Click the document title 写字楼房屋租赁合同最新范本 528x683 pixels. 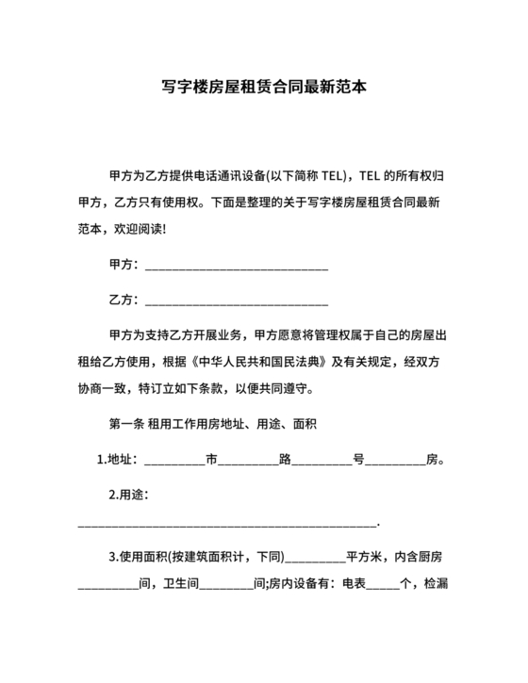[x=264, y=89]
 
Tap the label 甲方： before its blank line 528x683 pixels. [x=124, y=267]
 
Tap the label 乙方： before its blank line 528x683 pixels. [x=124, y=301]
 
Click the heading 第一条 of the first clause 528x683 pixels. [x=127, y=424]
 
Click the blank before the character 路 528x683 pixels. [x=248, y=462]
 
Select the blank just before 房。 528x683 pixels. [x=395, y=462]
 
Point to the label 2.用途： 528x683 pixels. [x=129, y=495]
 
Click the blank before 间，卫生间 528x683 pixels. [x=107, y=584]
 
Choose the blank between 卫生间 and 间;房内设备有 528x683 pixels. [x=227, y=584]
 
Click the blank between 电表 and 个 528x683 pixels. [x=383, y=584]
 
